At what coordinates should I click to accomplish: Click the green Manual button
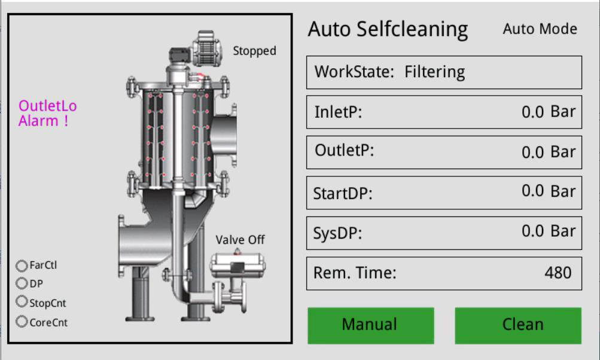click(371, 325)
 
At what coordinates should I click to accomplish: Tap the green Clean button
click(518, 325)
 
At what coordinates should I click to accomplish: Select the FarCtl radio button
click(22, 266)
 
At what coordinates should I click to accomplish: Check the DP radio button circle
click(22, 283)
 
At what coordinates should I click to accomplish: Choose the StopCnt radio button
click(22, 301)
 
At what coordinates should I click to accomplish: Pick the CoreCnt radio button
click(22, 321)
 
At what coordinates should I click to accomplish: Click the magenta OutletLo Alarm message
click(47, 113)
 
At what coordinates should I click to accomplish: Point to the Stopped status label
click(254, 50)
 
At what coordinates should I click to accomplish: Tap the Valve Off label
click(240, 240)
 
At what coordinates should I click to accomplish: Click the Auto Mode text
click(540, 29)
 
